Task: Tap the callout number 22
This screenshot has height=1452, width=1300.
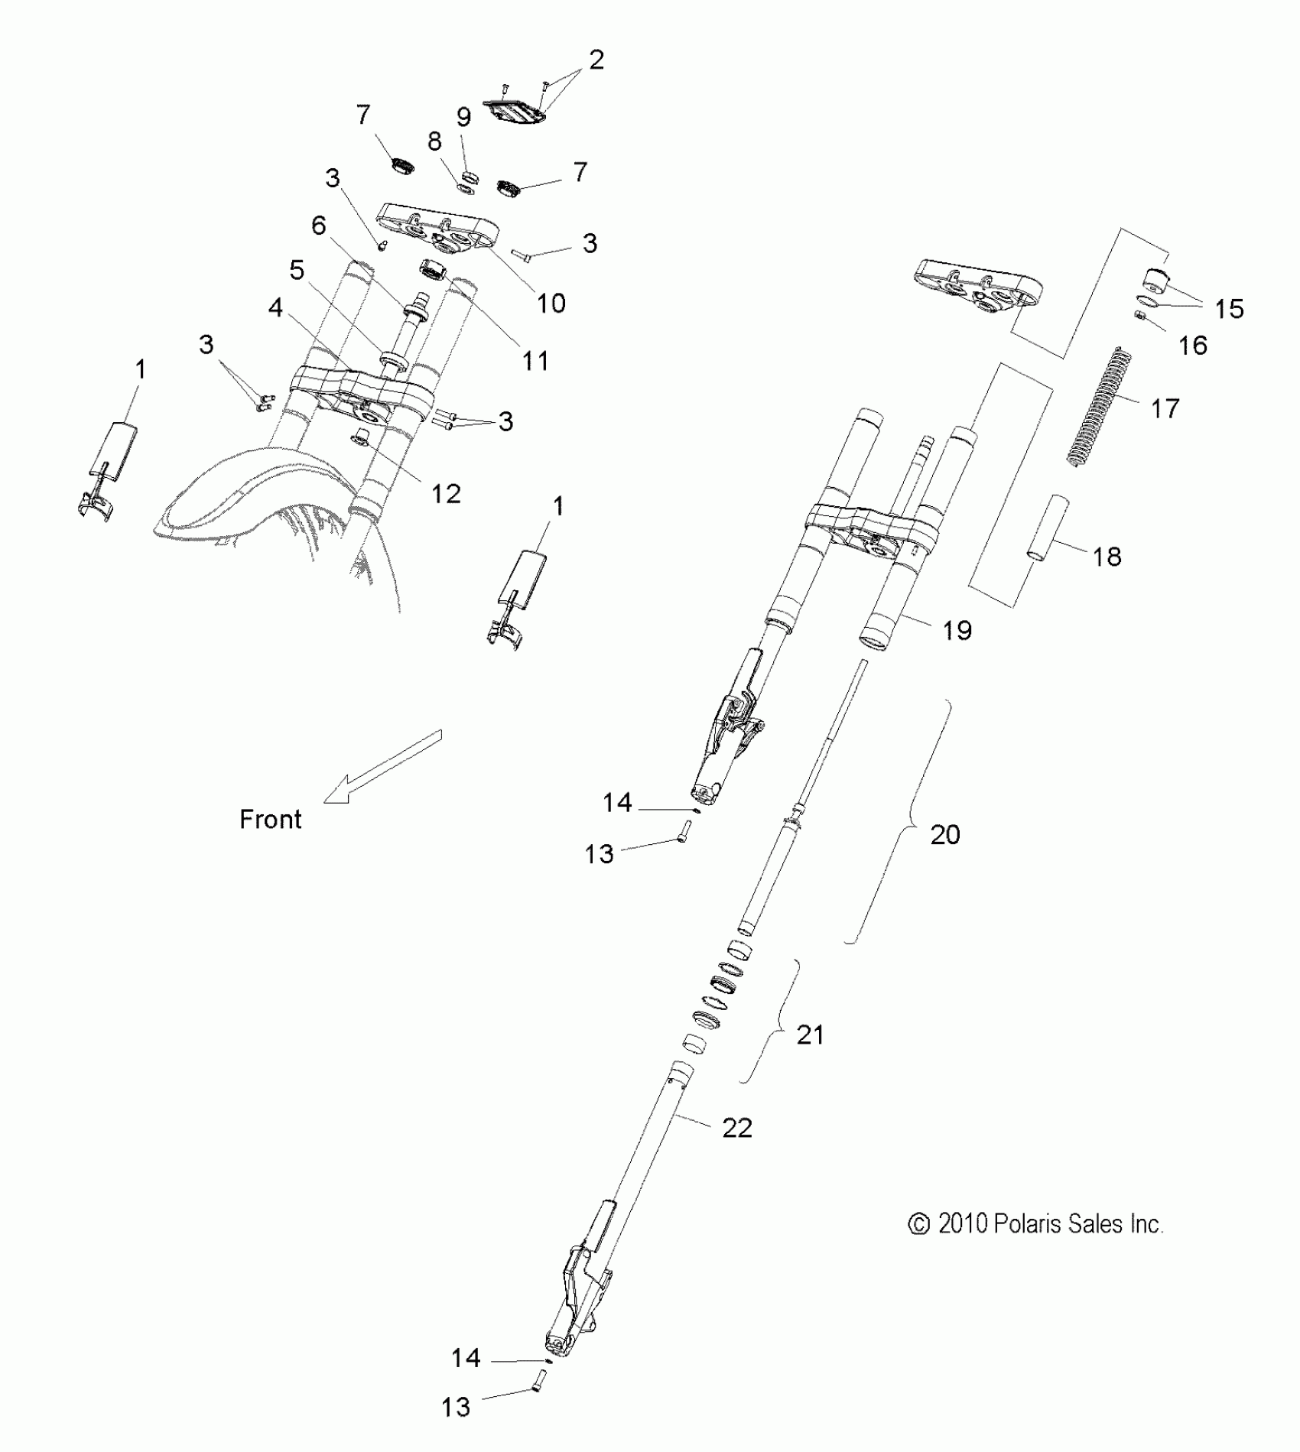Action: [737, 1128]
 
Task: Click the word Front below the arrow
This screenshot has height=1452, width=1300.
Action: [271, 820]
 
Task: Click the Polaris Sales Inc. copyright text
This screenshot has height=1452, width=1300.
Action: [1035, 1224]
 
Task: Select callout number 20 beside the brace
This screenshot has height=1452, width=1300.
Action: [944, 834]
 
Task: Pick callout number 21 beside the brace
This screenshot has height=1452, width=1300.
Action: [811, 1035]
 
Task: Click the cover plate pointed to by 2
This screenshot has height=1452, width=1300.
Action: [515, 113]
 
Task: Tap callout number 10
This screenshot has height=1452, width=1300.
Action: [551, 304]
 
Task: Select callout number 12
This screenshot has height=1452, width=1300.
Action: [446, 494]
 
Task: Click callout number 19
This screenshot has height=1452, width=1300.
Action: [957, 630]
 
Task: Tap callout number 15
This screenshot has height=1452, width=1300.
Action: [1229, 309]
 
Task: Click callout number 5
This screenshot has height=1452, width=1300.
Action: [297, 270]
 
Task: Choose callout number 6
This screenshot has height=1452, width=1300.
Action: [318, 226]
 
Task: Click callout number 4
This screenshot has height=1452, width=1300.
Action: [275, 308]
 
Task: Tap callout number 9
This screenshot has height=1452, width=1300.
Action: [463, 117]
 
